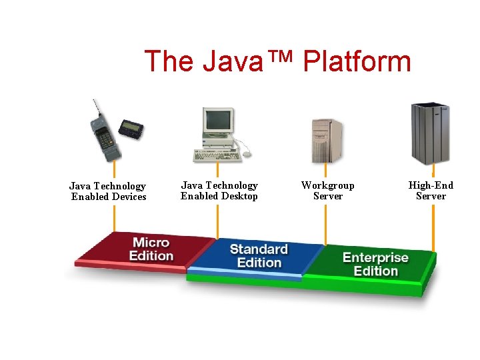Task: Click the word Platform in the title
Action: click(357, 61)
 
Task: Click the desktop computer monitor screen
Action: click(218, 121)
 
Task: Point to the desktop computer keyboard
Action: click(216, 155)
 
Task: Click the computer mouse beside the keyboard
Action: click(247, 154)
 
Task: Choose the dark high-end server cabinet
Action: click(430, 133)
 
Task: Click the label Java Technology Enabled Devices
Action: click(108, 191)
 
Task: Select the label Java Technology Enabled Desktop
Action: click(219, 191)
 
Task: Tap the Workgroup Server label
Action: click(327, 191)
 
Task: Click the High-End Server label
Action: click(431, 191)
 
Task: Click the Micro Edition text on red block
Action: click(151, 249)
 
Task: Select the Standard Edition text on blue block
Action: click(259, 256)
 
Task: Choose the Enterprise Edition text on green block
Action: click(375, 264)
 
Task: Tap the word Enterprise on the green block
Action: click(375, 257)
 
